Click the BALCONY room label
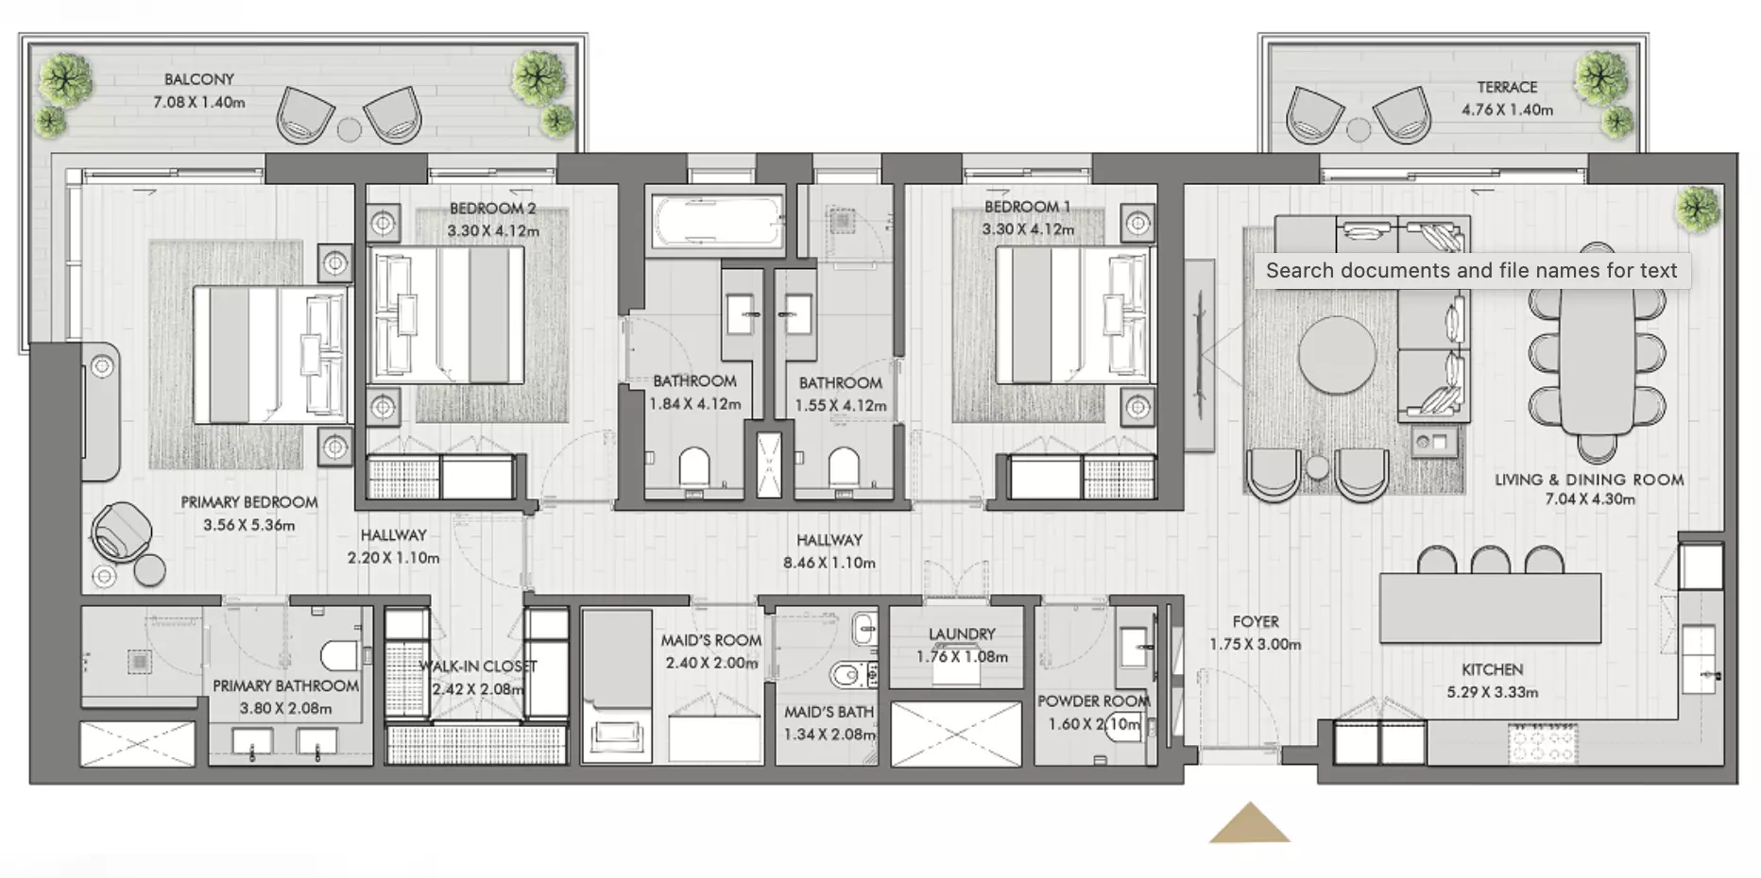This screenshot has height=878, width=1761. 198,79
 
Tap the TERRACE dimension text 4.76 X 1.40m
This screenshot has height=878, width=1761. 1507,110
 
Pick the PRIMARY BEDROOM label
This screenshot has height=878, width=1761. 249,502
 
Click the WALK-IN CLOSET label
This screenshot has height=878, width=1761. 478,667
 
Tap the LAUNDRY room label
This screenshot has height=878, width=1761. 962,634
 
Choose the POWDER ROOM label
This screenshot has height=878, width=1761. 1093,701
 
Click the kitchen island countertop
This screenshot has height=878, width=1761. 1491,608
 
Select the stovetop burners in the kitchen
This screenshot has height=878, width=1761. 1543,743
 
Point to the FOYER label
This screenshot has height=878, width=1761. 1256,622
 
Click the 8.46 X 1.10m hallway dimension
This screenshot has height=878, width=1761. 829,563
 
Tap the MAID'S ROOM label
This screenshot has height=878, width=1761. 710,640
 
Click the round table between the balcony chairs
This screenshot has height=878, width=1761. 350,129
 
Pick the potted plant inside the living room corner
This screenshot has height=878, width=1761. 1698,209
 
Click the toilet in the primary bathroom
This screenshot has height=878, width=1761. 341,655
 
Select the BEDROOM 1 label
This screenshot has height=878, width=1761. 1028,207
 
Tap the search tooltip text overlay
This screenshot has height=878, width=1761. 1471,271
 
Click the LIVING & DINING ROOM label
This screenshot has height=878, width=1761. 1589,480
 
